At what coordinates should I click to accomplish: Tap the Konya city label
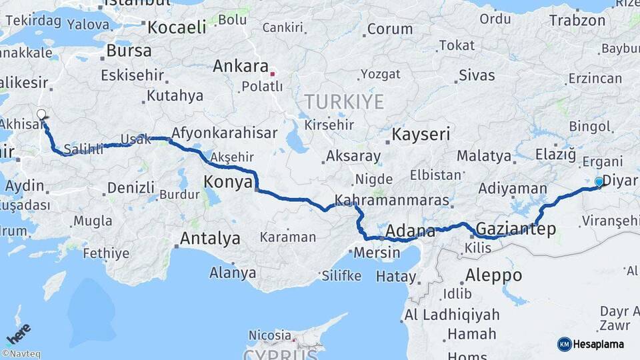pos(228,182)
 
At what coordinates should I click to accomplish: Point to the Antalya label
pos(210,238)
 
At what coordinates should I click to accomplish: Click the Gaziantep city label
pos(516,229)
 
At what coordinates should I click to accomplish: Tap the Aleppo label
pos(493,275)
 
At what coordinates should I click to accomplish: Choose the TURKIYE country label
pos(344,102)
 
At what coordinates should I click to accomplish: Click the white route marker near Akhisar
pos(42,115)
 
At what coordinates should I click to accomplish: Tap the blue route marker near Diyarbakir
pos(599,181)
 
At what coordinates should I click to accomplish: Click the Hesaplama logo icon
pos(564,344)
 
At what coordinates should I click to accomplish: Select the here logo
pos(18,333)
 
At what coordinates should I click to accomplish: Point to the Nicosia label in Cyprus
pos(270,335)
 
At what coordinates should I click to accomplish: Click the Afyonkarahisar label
pos(224,133)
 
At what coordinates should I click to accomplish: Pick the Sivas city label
pos(477,74)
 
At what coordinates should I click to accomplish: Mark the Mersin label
pos(377,253)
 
